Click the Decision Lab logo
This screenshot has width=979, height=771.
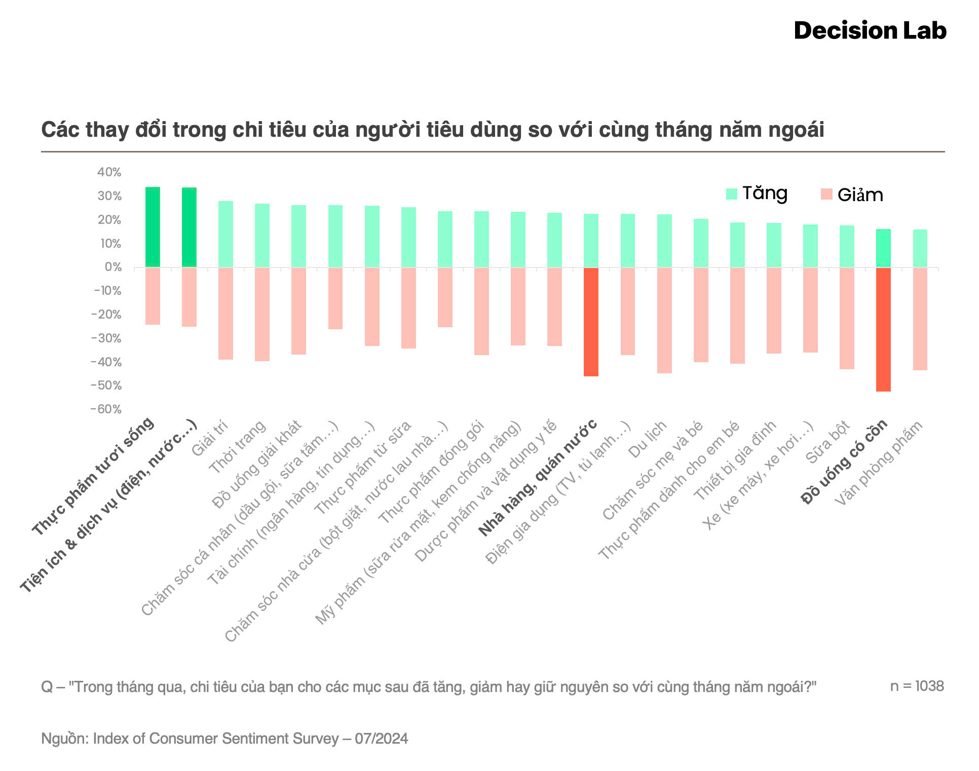(870, 31)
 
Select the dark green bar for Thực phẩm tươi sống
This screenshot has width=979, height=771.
(153, 227)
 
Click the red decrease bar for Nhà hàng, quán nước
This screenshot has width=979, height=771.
(591, 322)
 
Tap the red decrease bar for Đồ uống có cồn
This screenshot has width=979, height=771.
(883, 329)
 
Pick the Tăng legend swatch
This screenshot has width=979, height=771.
(731, 194)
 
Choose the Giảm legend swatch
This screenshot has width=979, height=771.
(826, 195)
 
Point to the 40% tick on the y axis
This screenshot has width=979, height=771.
(109, 172)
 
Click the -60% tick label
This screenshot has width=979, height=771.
(106, 409)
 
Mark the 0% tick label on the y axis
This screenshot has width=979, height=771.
(113, 267)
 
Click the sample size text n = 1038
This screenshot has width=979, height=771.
(917, 686)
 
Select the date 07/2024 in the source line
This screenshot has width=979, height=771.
(381, 739)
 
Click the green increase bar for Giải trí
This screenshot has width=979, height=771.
(225, 234)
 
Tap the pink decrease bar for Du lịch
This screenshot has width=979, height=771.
(664, 320)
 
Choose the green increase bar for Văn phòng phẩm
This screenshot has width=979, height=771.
(920, 248)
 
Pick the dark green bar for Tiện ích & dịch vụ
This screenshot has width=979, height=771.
(189, 227)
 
